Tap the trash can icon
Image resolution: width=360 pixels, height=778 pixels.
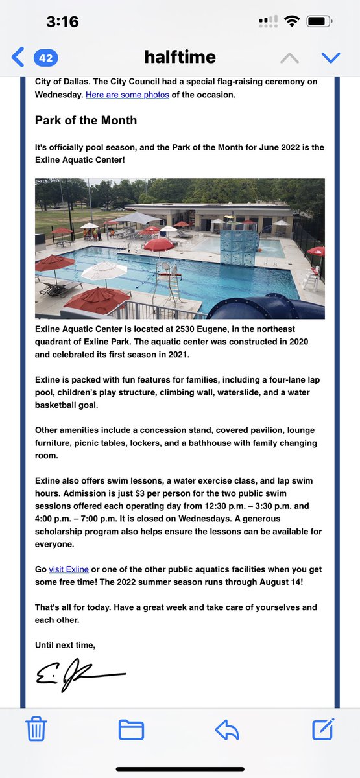(36, 729)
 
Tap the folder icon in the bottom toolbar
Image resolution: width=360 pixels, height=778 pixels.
(130, 729)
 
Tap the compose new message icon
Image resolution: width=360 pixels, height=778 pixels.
(323, 729)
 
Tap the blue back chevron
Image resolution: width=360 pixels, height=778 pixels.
(18, 58)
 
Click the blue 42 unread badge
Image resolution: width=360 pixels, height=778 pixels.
(45, 58)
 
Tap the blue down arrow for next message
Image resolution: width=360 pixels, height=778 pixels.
(331, 58)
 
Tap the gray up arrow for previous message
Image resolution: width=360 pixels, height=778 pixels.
(289, 58)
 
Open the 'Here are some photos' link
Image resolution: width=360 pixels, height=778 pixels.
(128, 95)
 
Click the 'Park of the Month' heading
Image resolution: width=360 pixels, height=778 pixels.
(86, 121)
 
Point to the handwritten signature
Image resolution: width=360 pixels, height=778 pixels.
(78, 674)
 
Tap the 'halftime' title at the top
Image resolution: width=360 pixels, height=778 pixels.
(179, 58)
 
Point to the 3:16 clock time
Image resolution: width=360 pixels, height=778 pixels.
(62, 21)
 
